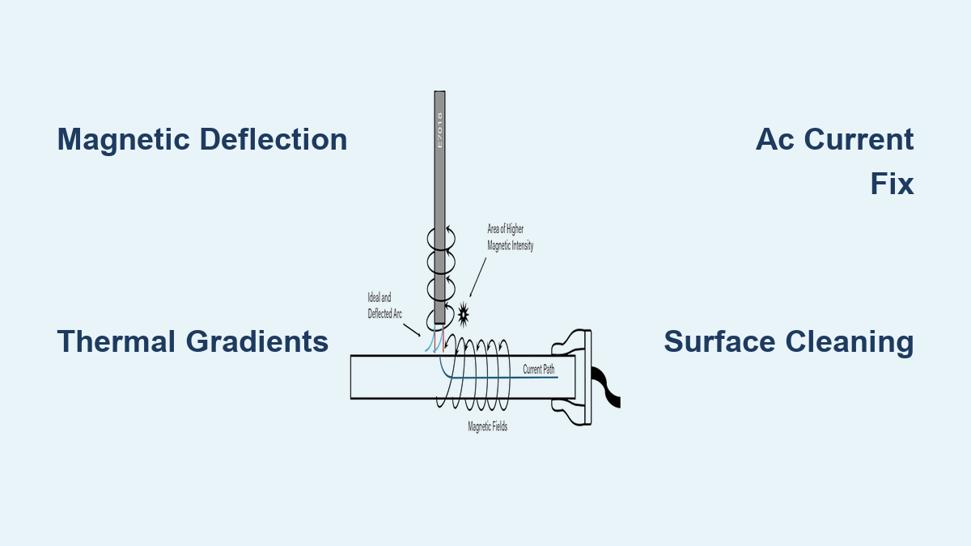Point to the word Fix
[x=892, y=184]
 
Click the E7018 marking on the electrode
[x=440, y=129]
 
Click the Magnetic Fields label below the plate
[x=488, y=426]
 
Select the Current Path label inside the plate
[x=539, y=369]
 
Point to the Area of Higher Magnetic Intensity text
[x=510, y=238]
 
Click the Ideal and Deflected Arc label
[x=385, y=306]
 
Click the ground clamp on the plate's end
[x=576, y=376]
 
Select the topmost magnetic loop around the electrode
[x=440, y=236]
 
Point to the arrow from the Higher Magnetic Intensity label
[x=478, y=277]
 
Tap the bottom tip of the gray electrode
[x=440, y=320]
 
